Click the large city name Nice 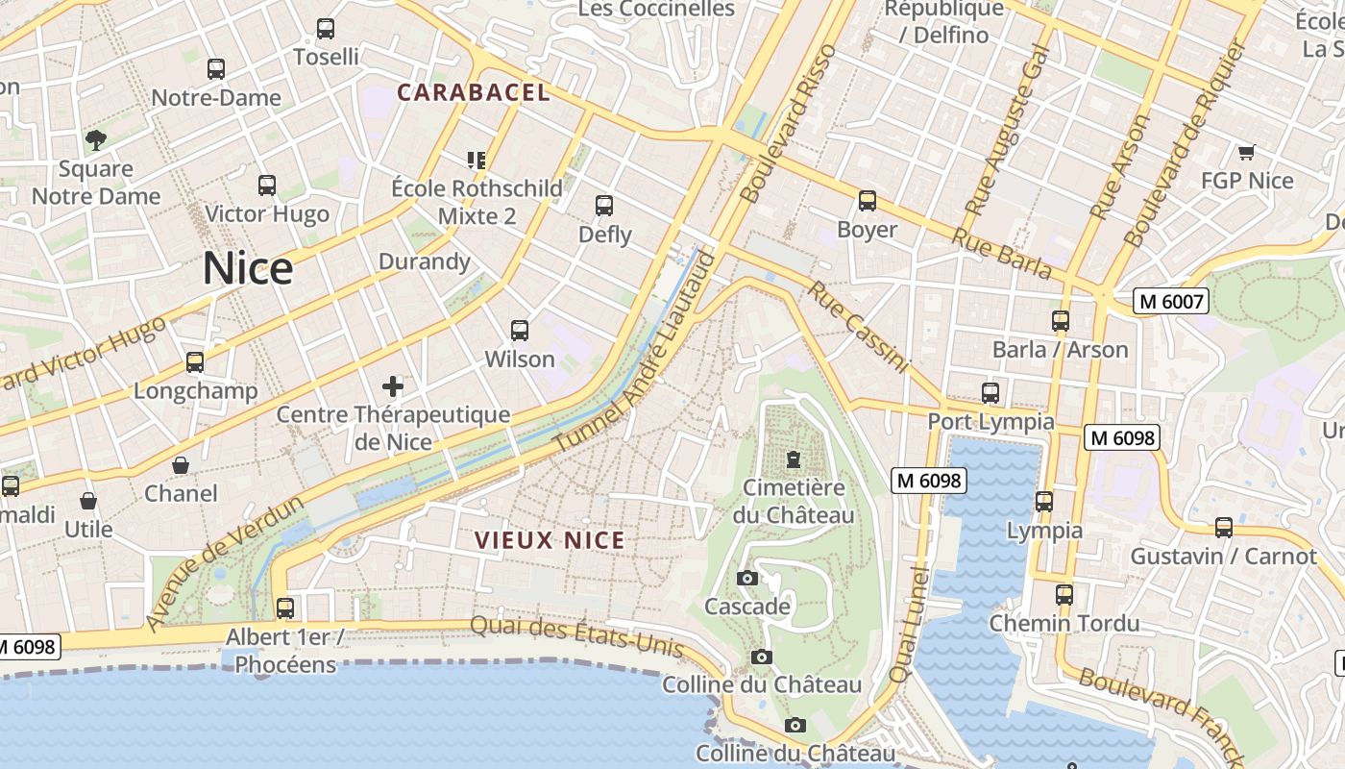pos(247,268)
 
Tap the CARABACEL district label pos(474,92)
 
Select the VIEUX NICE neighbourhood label pos(550,540)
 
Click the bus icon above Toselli pos(326,29)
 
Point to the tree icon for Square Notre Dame pos(95,140)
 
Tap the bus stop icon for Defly pos(604,206)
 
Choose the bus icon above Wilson pos(520,331)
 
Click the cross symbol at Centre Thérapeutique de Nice pos(393,386)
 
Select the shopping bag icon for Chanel pos(181,465)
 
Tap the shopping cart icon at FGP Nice pos(1246,152)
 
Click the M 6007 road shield pos(1170,302)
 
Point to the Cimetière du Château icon pos(794,459)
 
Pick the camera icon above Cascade pos(746,578)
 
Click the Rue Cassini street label pos(858,327)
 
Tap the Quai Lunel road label pos(908,625)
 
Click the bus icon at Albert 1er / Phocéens pos(285,608)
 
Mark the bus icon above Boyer pos(868,201)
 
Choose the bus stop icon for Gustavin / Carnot pos(1223,528)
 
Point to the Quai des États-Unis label pos(576,637)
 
